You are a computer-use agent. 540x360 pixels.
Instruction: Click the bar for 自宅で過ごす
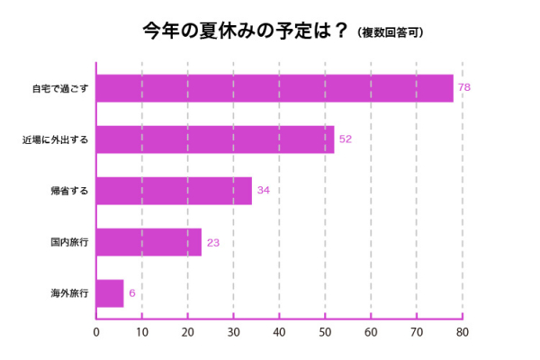point(274,88)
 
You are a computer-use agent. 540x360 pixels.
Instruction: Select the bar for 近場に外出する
point(215,139)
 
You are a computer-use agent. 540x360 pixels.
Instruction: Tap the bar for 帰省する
point(174,191)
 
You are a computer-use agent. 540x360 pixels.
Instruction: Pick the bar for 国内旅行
point(148,242)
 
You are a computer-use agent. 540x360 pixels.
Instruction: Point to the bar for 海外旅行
point(110,293)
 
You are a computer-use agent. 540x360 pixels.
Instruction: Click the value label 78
point(464,88)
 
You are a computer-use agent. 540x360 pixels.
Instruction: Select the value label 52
point(345,139)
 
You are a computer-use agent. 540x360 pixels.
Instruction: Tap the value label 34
point(263,191)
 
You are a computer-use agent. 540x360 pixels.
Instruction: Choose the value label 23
point(213,242)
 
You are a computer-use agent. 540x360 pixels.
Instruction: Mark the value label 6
point(131,293)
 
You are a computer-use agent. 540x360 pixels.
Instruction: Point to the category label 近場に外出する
point(55,139)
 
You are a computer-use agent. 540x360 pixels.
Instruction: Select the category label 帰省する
point(68,191)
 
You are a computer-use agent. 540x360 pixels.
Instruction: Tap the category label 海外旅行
point(68,293)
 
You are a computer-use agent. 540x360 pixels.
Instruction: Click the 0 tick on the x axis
point(96,332)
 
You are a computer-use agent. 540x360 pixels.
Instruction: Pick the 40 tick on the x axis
point(279,332)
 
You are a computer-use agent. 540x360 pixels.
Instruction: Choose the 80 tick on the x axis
point(462,332)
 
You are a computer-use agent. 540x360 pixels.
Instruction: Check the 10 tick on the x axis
point(142,332)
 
